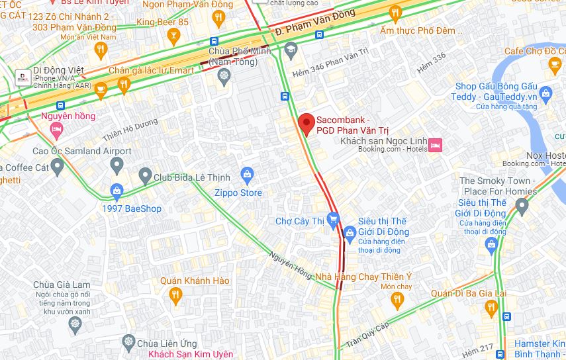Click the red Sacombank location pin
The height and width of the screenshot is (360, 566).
tap(305, 124)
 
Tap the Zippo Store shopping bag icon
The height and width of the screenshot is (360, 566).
tap(247, 175)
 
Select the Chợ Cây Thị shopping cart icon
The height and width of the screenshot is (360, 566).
tap(333, 218)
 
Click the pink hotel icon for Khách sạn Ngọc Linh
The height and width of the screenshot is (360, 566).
tap(436, 145)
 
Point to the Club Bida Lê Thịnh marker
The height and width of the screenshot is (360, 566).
tap(146, 176)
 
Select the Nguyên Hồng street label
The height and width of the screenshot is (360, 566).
tap(291, 264)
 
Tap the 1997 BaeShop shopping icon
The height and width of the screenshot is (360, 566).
tap(117, 193)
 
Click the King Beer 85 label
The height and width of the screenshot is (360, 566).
tap(162, 22)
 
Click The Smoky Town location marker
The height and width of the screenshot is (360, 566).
tap(522, 207)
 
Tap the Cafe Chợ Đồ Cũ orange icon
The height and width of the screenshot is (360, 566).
tap(555, 64)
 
